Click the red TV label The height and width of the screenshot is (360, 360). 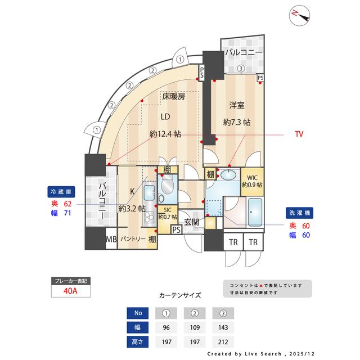(x=299, y=134)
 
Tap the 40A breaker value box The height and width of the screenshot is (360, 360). (x=70, y=291)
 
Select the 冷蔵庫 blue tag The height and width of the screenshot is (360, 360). (x=61, y=191)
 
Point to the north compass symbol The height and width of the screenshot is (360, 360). (x=300, y=16)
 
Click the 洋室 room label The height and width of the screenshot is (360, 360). (x=236, y=105)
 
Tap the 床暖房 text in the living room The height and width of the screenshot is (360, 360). (x=174, y=96)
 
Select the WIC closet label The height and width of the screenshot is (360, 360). (x=251, y=176)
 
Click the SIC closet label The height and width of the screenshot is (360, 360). (x=167, y=210)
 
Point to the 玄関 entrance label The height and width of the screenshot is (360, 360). (x=192, y=222)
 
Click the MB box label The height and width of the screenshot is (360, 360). (x=111, y=240)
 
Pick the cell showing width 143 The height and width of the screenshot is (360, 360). (x=223, y=327)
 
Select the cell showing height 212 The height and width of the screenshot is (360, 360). (x=223, y=341)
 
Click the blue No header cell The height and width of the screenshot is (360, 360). (x=138, y=313)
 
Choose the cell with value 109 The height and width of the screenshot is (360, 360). (x=195, y=327)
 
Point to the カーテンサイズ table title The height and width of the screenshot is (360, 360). (x=180, y=295)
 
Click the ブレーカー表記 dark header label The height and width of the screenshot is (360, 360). (x=70, y=280)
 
